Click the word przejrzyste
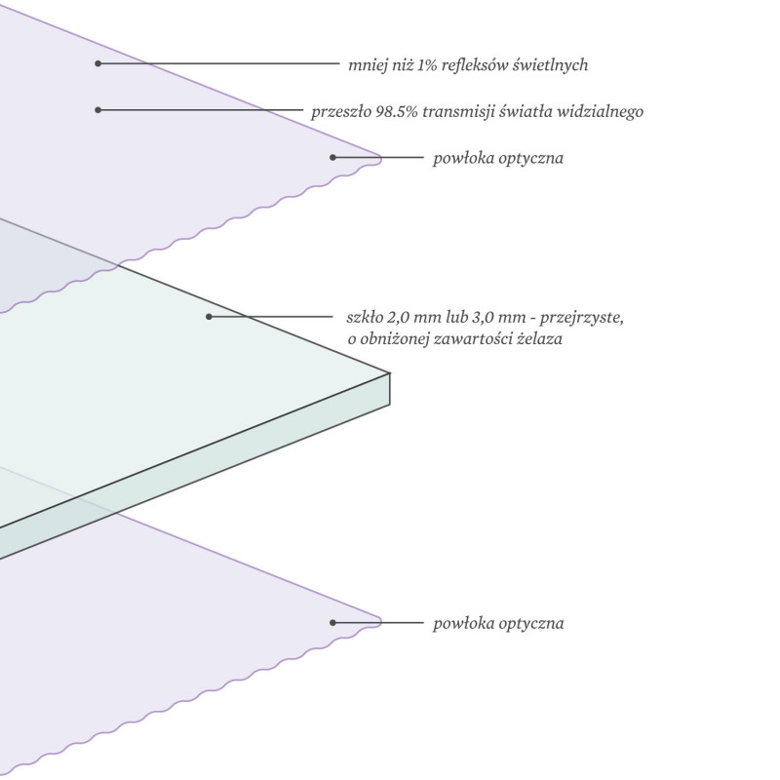pyautogui.click(x=581, y=318)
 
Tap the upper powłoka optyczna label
pyautogui.click(x=498, y=159)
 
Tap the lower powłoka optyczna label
pyautogui.click(x=498, y=624)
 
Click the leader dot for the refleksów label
pyautogui.click(x=98, y=63)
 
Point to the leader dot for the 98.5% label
pyautogui.click(x=98, y=110)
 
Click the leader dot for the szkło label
pyautogui.click(x=209, y=316)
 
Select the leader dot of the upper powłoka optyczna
pyautogui.click(x=332, y=158)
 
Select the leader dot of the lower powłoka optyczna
pyautogui.click(x=332, y=622)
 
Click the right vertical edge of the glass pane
pyautogui.click(x=389, y=389)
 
